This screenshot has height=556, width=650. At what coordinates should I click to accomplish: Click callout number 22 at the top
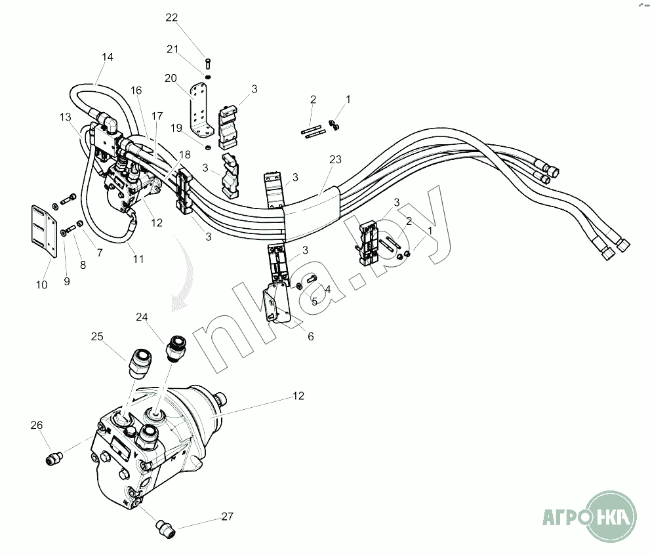pyautogui.click(x=172, y=18)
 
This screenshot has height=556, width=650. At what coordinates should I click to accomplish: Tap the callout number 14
pyautogui.click(x=108, y=58)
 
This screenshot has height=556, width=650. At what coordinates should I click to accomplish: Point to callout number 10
pyautogui.click(x=41, y=285)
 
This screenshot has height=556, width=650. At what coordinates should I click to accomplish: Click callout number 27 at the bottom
pyautogui.click(x=227, y=517)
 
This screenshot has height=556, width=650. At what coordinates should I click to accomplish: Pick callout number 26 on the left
pyautogui.click(x=37, y=426)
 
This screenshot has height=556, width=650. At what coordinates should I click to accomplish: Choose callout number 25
pyautogui.click(x=98, y=337)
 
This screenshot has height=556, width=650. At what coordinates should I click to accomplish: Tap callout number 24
pyautogui.click(x=142, y=317)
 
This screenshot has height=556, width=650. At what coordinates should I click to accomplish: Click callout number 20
pyautogui.click(x=171, y=79)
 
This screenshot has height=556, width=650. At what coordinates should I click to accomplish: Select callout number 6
pyautogui.click(x=311, y=336)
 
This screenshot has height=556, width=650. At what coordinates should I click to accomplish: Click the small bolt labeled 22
pyautogui.click(x=207, y=64)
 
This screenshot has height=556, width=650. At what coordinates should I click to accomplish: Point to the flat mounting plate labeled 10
pyautogui.click(x=43, y=229)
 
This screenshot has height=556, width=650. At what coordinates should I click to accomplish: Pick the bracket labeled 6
pyautogui.click(x=277, y=305)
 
